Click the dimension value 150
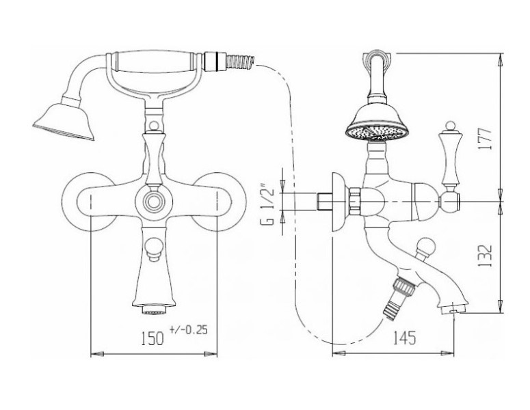(x=152, y=338)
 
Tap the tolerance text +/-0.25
(x=188, y=329)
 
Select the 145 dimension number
(x=404, y=338)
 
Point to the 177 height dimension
(x=486, y=139)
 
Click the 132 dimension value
(x=486, y=256)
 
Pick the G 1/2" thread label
(x=267, y=204)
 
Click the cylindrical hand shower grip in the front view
(x=155, y=61)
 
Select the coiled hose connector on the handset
(x=240, y=62)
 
